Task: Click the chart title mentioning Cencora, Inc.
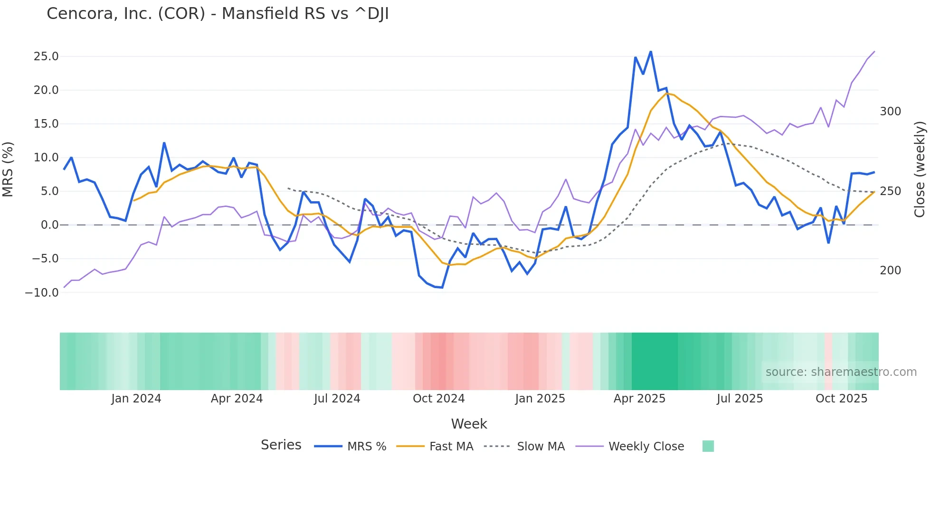click(x=218, y=14)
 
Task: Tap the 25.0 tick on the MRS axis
click(x=46, y=56)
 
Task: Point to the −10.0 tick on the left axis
click(x=42, y=293)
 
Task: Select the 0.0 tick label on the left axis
click(x=49, y=225)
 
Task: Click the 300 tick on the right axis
click(x=890, y=112)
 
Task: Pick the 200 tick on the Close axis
click(x=890, y=271)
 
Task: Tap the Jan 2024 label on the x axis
click(x=136, y=399)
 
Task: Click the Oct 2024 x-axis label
click(x=438, y=399)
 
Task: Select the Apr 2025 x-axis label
click(x=639, y=399)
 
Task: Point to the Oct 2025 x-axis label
click(x=841, y=399)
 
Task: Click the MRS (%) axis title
click(x=8, y=169)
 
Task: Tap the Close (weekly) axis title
click(x=920, y=169)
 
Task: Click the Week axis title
click(x=469, y=424)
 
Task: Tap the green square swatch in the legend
click(x=708, y=446)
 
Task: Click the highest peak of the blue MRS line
click(x=651, y=51)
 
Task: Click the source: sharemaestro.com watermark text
click(x=841, y=372)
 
